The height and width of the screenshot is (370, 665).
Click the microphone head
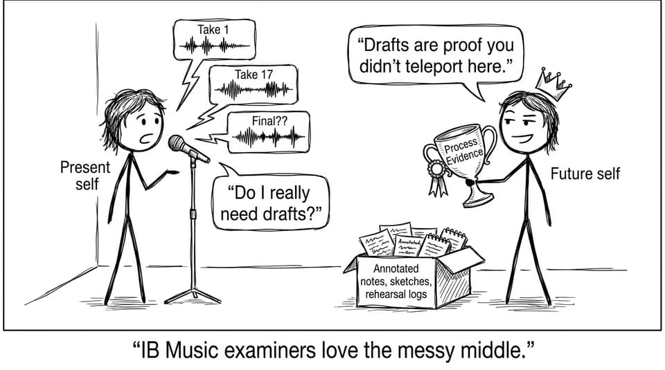(178, 144)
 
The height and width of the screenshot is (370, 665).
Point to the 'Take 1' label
(213, 30)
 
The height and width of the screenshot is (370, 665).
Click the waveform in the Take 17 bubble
(254, 90)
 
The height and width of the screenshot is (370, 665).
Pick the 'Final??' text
(269, 121)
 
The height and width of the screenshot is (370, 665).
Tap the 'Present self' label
(85, 176)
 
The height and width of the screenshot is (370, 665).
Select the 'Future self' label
(585, 174)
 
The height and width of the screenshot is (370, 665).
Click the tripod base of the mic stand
(193, 295)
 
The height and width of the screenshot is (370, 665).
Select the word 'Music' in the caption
(189, 351)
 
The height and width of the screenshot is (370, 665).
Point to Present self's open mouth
(148, 138)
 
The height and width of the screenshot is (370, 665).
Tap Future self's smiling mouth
(524, 138)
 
